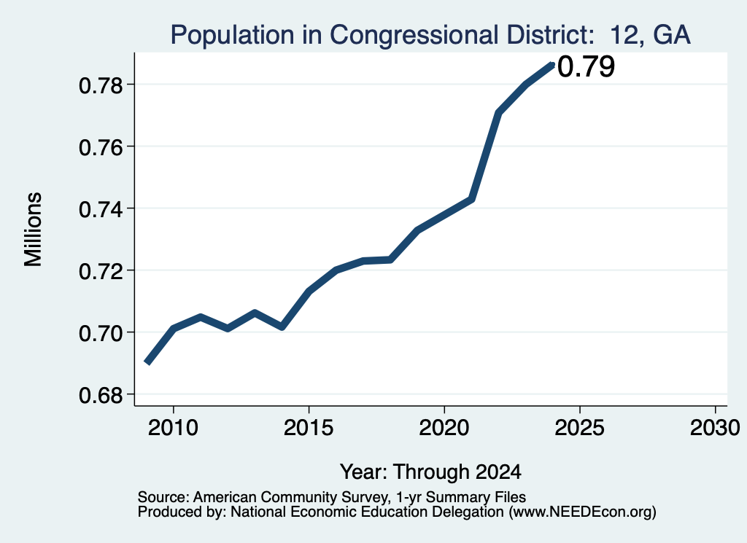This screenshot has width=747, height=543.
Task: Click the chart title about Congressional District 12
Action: coord(430,35)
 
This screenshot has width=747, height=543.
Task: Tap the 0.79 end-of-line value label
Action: coord(586,66)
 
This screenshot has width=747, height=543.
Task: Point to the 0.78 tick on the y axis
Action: coord(101,86)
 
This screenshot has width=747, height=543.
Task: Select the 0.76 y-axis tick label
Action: coord(101,147)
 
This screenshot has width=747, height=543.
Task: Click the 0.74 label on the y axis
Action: coord(101,209)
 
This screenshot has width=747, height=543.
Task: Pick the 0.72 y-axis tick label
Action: coord(101,271)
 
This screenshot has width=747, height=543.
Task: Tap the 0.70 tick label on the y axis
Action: coord(101,333)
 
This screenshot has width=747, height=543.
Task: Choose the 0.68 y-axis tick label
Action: coord(101,395)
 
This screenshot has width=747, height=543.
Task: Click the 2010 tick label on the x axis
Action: coord(173,428)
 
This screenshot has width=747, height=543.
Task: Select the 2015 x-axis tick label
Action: coord(309,428)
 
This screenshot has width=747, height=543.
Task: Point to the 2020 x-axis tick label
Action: coord(444,428)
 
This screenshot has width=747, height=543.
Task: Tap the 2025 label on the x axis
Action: coord(580,428)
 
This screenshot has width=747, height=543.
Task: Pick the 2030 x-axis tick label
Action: coord(715,428)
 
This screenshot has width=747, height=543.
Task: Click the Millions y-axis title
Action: coord(34,229)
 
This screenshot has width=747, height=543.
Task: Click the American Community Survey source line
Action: coord(332,497)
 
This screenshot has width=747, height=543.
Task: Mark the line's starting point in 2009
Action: coord(147,363)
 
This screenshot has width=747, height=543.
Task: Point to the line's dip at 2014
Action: coord(282,327)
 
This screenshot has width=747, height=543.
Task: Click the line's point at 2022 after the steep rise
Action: coord(498,113)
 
